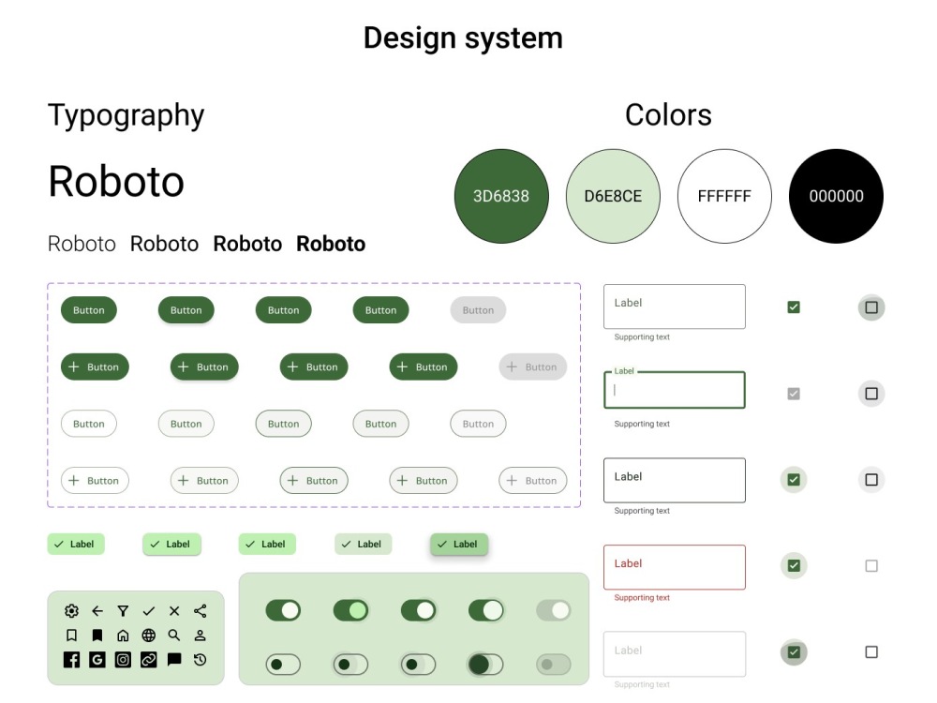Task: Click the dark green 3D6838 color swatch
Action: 501,196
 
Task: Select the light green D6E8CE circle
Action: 613,196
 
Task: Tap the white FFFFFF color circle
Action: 724,196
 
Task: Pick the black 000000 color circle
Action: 836,196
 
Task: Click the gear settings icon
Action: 72,611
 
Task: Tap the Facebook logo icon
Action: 72,659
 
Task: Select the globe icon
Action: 149,636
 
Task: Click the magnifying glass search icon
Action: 174,636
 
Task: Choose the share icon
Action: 201,611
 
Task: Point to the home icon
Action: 123,636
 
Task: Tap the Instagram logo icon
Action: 123,659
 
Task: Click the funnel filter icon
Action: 123,611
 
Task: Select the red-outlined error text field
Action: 675,567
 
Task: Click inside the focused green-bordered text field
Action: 675,390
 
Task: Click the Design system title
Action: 463,38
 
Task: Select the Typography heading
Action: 126,115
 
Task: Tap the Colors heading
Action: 668,114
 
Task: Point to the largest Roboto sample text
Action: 116,181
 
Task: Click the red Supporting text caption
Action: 642,598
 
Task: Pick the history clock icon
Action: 201,659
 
